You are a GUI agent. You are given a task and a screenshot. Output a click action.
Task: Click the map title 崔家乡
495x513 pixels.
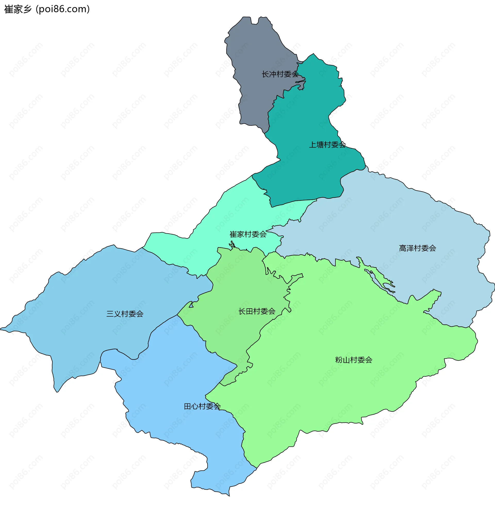(18, 9)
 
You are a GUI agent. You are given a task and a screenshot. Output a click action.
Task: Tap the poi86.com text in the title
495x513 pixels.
(63, 9)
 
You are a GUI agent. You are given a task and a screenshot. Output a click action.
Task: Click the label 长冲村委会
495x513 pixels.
(280, 74)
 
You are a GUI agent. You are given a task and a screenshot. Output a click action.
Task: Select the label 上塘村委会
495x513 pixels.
(327, 145)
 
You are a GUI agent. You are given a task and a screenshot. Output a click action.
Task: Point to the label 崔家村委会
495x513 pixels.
(248, 234)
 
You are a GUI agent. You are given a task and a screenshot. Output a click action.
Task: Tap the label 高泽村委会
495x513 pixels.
(417, 248)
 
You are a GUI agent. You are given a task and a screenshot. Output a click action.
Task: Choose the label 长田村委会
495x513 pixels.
(257, 311)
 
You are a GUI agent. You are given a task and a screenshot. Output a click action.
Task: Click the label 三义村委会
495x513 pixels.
(125, 314)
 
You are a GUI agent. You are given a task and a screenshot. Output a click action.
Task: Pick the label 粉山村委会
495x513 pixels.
(353, 360)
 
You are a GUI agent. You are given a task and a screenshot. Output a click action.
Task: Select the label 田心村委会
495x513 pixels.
(202, 406)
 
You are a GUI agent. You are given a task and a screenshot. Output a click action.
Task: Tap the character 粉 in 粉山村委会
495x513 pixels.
(339, 360)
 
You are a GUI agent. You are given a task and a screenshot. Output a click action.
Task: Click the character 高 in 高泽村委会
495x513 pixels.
(403, 248)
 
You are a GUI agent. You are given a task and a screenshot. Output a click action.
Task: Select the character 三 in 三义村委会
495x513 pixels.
(110, 314)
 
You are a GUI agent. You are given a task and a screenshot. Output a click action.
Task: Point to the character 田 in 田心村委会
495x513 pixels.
(187, 406)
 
